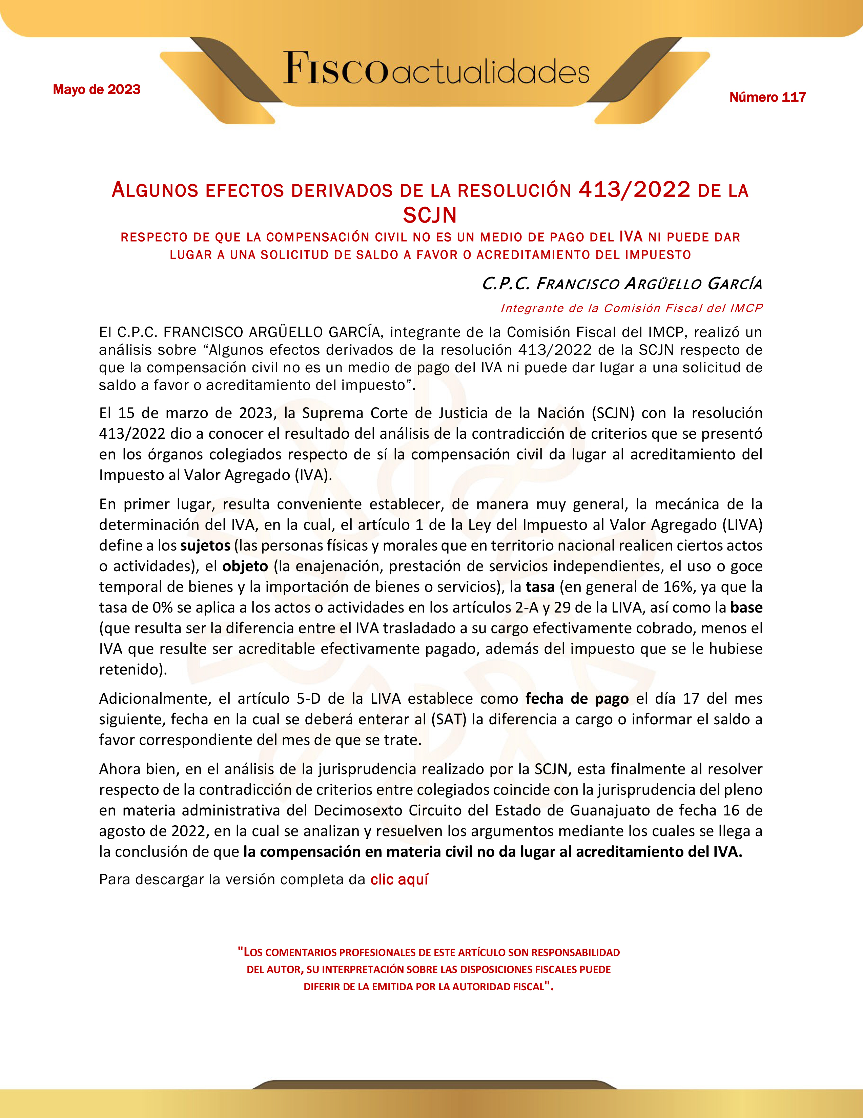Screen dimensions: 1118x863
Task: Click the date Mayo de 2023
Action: pyautogui.click(x=96, y=89)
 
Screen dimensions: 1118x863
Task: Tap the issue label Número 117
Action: pyautogui.click(x=767, y=97)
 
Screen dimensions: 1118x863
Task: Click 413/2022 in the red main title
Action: pyautogui.click(x=635, y=190)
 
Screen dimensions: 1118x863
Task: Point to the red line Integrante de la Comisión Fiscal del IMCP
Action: pyautogui.click(x=631, y=308)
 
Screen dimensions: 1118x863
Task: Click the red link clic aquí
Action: pyautogui.click(x=399, y=879)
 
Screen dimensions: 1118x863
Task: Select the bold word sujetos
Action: pyautogui.click(x=205, y=546)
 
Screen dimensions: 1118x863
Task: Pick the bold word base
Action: pyautogui.click(x=746, y=608)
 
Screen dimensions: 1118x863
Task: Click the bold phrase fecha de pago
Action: pyautogui.click(x=577, y=699)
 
